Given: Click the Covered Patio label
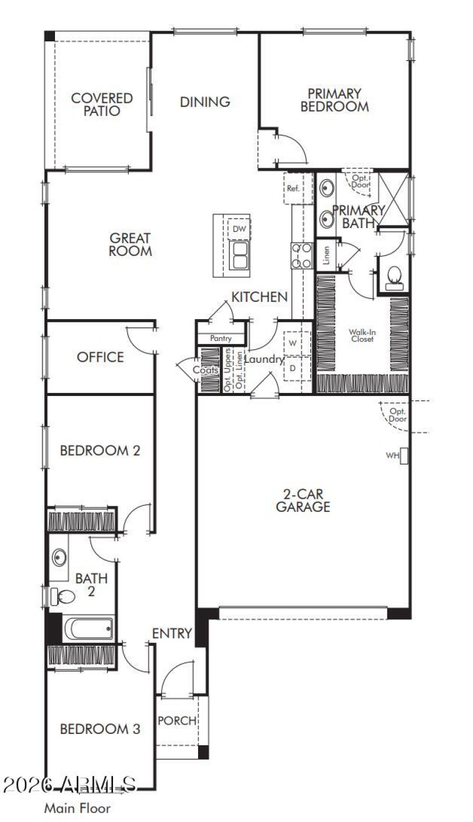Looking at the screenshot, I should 102,104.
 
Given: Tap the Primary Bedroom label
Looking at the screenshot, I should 335,100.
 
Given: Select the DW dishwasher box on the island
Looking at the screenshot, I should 239,229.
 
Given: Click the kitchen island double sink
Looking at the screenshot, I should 239,255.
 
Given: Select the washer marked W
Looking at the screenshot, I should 292,343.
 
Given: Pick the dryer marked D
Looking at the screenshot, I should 292,368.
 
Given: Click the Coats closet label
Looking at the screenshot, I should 206,370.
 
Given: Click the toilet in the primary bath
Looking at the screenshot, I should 394,278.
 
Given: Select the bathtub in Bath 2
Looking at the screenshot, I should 89,629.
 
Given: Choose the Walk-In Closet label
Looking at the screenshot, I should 362,335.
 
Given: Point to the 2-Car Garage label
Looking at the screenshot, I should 303,500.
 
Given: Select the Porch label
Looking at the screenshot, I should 177,721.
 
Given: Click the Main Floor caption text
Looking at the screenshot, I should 77,807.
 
